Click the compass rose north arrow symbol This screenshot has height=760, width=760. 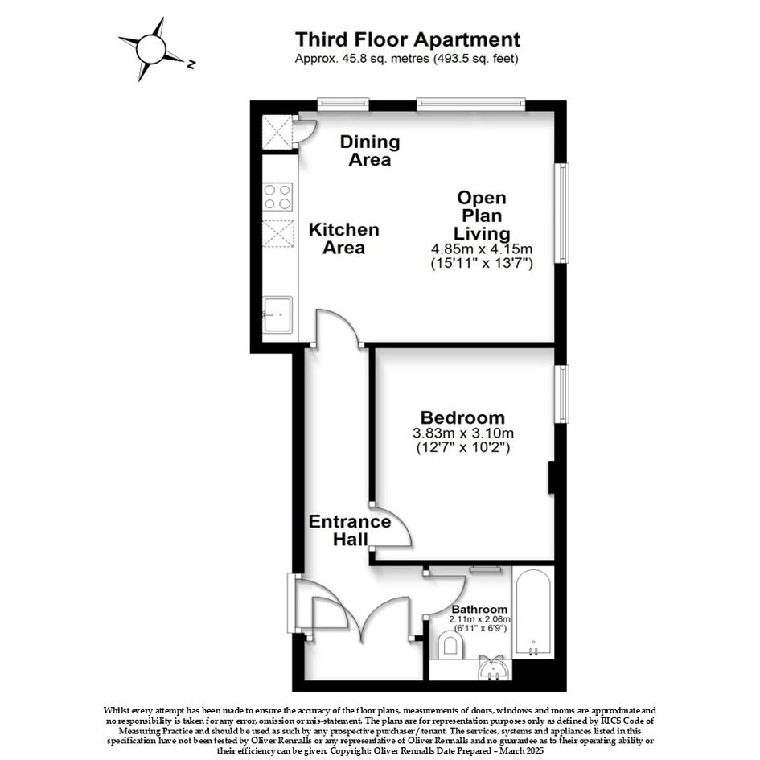[x=151, y=49]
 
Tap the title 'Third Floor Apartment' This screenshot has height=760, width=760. [x=408, y=39]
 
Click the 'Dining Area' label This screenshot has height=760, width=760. [x=370, y=150]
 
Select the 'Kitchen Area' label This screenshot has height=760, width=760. [x=343, y=239]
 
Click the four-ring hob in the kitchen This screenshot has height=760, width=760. [x=277, y=197]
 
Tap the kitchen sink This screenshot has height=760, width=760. [x=277, y=314]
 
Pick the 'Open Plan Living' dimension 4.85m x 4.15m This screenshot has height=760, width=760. [x=482, y=249]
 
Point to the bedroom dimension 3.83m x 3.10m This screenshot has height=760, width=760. [x=463, y=433]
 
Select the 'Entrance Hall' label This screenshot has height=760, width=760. [x=350, y=530]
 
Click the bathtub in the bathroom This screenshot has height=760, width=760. [x=533, y=613]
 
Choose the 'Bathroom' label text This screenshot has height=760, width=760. [x=479, y=610]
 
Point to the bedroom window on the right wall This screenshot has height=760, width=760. [x=562, y=393]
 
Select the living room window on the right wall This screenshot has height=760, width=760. [x=562, y=213]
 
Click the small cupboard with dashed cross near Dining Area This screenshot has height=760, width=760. [x=277, y=131]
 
